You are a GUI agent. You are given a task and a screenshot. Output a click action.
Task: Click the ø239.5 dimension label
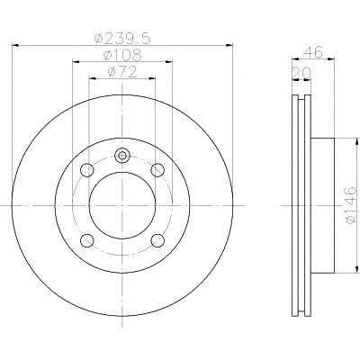[x=121, y=38]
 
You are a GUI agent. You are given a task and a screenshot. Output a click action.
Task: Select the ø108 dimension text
[x=122, y=55]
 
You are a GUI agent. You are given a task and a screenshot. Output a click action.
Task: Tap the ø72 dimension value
[x=122, y=72]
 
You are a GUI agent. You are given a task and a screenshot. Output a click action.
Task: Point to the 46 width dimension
[x=313, y=52]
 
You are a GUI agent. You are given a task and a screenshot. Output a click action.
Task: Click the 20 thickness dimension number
[x=301, y=73]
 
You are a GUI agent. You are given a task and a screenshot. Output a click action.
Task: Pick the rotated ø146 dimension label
[x=350, y=205]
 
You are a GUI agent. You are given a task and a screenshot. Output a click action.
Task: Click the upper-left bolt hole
[x=87, y=170]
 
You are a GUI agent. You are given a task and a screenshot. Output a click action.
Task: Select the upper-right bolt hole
[x=157, y=170]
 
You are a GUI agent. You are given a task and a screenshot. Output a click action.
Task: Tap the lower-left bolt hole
[x=87, y=240]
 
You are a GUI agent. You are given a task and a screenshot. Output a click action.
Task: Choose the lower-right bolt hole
[x=157, y=240]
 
